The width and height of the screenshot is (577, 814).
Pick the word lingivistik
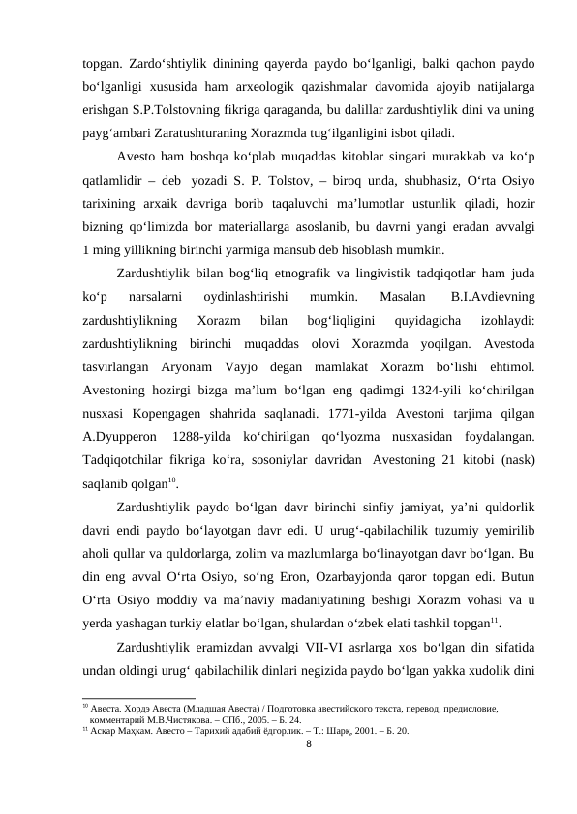[409, 273]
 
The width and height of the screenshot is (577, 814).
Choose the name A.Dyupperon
[110, 437]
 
